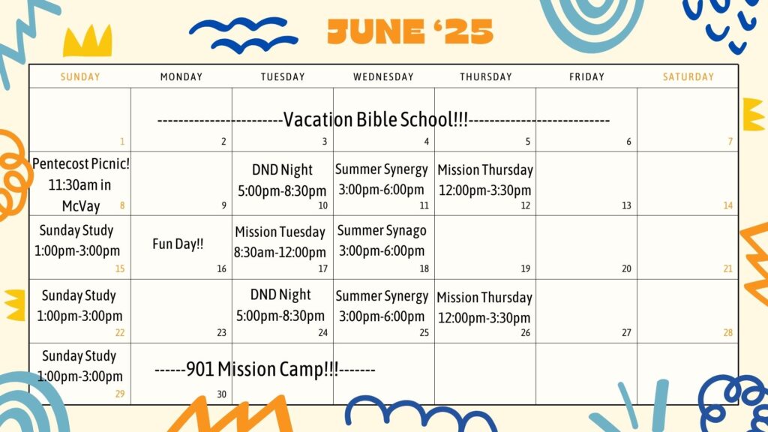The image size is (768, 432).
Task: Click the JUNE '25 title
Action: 410,31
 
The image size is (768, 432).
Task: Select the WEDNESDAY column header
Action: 383,77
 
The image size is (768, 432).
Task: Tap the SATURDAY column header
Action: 688,77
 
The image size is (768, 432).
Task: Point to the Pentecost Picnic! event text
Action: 81,163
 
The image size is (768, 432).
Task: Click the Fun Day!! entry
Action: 178,244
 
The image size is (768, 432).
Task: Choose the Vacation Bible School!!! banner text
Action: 376,119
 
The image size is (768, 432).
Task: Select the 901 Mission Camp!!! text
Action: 262,369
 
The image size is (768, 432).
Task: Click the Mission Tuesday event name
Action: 280,232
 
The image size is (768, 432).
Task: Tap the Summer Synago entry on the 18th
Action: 382,230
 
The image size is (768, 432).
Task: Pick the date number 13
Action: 626,205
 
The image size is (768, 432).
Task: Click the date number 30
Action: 221,394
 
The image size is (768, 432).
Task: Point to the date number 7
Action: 730,142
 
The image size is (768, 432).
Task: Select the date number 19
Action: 525,268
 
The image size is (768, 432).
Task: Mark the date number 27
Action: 626,332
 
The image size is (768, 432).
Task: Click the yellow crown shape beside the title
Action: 88,40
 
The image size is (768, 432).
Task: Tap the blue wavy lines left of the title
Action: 244,34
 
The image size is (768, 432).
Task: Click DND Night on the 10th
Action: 282,169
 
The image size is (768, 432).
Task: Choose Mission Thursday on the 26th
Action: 484,297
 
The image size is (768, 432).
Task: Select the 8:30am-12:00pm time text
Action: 280,252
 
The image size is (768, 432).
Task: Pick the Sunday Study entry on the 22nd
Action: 79,295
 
